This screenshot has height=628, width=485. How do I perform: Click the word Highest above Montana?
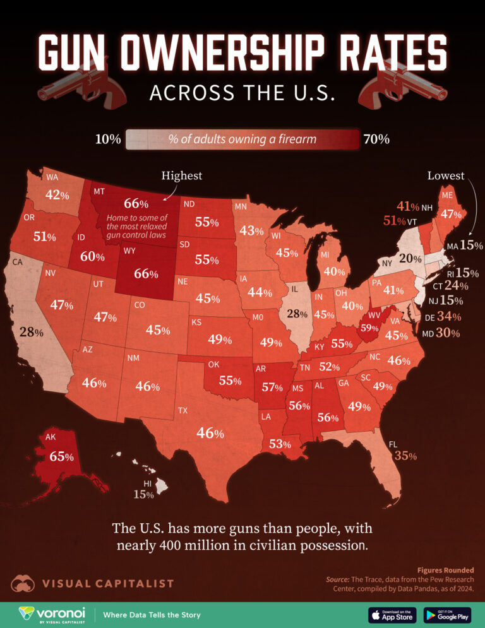tap(182, 175)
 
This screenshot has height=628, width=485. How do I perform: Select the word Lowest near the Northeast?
tap(445, 175)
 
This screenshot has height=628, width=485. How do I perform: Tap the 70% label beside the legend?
tap(376, 139)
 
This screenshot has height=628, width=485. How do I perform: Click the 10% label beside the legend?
tap(107, 139)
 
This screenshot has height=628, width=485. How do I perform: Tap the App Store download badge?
tap(391, 615)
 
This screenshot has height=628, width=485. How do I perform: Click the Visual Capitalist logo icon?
tap(23, 583)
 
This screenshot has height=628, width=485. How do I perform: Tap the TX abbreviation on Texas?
tap(183, 410)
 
